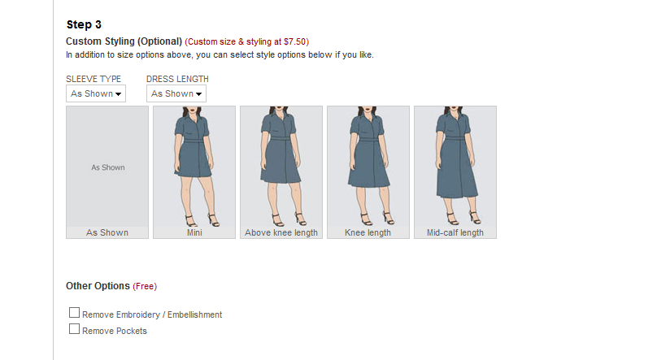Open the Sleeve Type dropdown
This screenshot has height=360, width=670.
coord(96,93)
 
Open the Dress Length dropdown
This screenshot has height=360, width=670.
coord(176,93)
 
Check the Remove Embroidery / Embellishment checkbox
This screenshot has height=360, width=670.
coord(74,313)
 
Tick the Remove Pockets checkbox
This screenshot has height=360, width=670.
coord(74,329)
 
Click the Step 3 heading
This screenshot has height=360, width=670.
coord(84,24)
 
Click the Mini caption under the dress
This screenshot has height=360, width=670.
coord(194,232)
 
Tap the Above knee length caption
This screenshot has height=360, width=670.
coord(281,232)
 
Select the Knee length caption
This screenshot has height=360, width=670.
coord(368,232)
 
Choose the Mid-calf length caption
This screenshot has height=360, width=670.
coord(455,232)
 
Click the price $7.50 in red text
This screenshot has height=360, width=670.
coord(295,41)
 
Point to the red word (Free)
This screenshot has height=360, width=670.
coord(145,287)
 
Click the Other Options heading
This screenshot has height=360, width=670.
coord(98,286)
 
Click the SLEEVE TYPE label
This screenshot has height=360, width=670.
coord(94,79)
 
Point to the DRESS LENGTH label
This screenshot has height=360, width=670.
coord(177,79)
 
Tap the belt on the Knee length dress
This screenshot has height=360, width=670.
coord(368,139)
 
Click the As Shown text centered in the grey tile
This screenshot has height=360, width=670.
coord(108,168)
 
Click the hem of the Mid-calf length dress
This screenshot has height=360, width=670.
coord(457,196)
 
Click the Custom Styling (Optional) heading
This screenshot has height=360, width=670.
coord(124,41)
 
